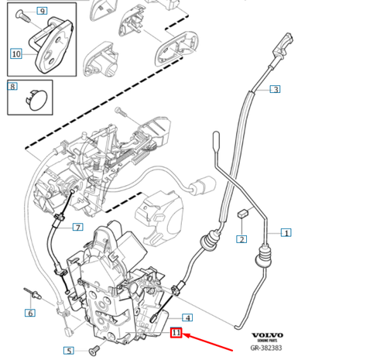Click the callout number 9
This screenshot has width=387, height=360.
41,11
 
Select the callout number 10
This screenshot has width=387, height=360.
16,53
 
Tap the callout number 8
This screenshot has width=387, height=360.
12,87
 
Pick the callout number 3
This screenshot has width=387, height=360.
275,89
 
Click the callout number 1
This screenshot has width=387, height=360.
286,232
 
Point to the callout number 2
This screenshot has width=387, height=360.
241,239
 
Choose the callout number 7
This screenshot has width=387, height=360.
77,227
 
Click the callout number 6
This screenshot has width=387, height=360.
29,313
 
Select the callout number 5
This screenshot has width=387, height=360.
68,351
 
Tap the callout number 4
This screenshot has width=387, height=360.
187,317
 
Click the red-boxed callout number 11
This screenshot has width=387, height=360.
176,333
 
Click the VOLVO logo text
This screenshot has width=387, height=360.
268,336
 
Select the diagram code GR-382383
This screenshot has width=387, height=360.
268,350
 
